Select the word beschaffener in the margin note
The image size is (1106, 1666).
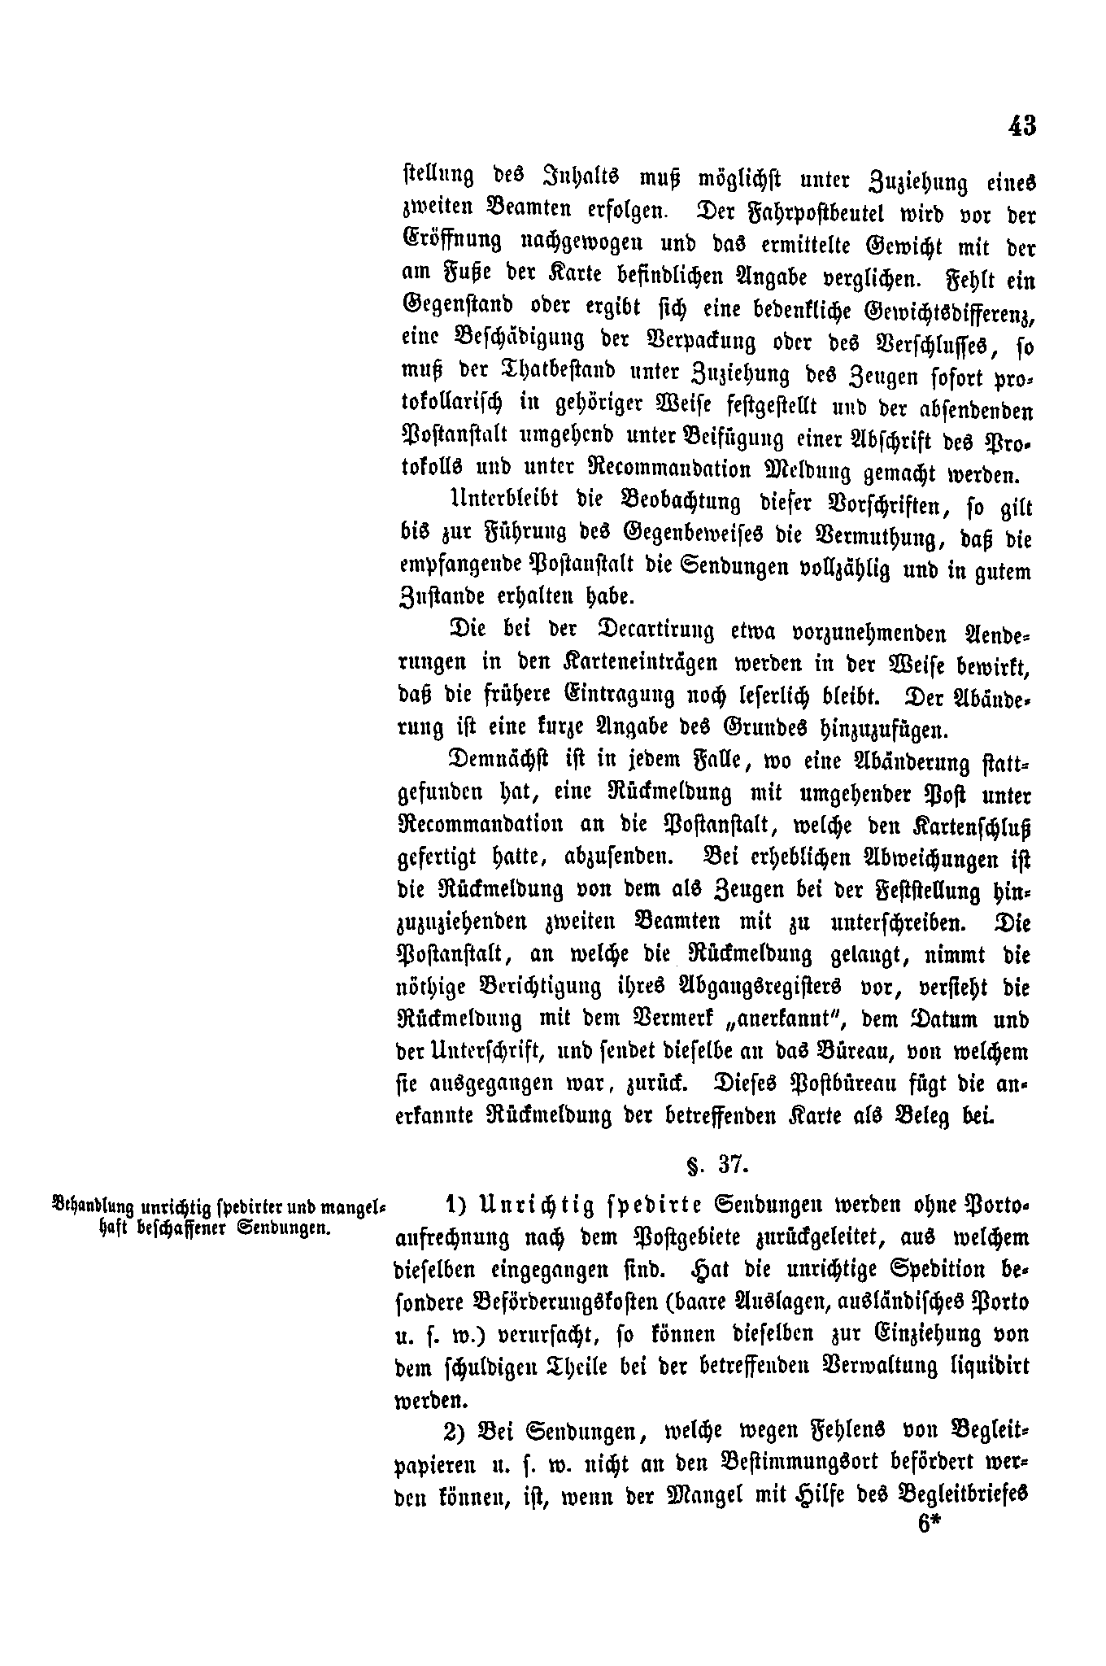click(178, 1228)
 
